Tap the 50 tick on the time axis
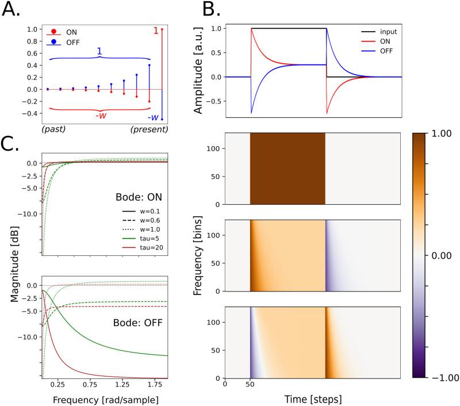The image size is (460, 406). [x=250, y=384]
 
